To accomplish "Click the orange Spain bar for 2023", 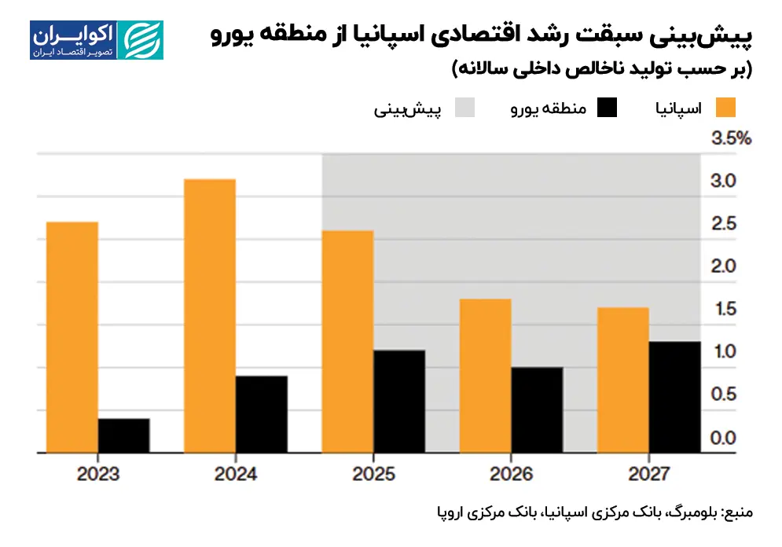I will coord(72,337).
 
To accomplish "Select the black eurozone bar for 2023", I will coord(124,435).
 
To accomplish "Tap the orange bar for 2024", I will coord(209,316).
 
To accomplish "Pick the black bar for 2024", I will coord(262,414).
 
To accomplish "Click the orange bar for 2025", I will coord(347,342).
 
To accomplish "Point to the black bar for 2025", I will coord(399,402).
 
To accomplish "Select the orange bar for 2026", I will coord(485,376).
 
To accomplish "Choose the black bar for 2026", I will coord(537,410).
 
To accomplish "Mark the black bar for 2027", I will coord(674,397).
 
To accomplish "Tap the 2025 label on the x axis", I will coord(373,475).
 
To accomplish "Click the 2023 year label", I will coord(98,475).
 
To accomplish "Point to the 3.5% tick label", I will coord(732,139).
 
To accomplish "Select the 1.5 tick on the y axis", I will coord(723,309).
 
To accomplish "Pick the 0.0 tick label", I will coord(723,438).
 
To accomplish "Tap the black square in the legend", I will coord(607,108).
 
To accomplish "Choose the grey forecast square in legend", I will coord(464,108).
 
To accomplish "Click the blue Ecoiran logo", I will coord(97,41).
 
